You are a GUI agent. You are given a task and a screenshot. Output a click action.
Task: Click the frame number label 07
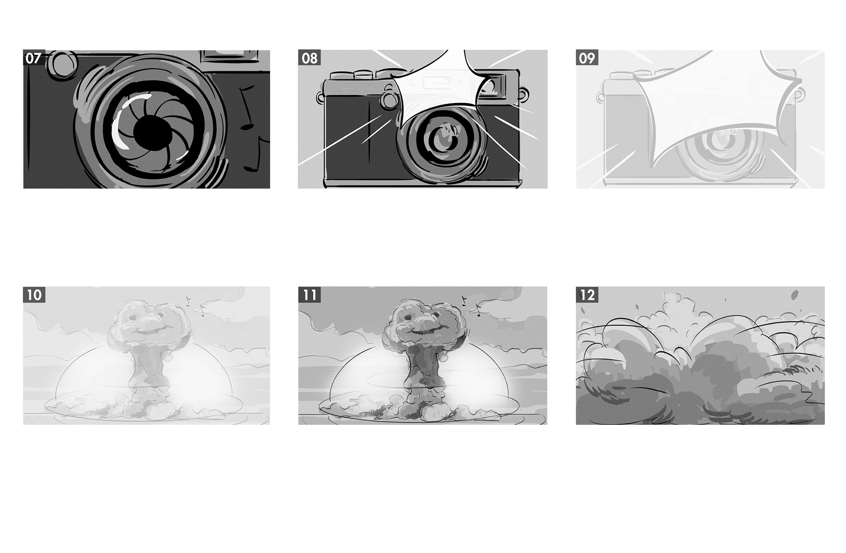tap(33, 58)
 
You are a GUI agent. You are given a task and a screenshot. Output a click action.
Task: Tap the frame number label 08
tap(309, 58)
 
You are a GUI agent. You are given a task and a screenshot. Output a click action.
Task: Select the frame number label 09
tap(587, 58)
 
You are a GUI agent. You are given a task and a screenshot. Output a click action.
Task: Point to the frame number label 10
tap(34, 295)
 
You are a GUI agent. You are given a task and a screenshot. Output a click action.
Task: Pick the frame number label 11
tap(309, 295)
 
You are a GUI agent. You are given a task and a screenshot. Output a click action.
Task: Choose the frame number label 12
tap(587, 295)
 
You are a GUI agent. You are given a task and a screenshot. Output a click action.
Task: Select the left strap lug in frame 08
tap(319, 98)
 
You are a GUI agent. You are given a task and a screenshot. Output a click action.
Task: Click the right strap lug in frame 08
tap(524, 95)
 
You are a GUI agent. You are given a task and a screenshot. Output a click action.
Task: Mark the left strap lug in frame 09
tap(600, 98)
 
